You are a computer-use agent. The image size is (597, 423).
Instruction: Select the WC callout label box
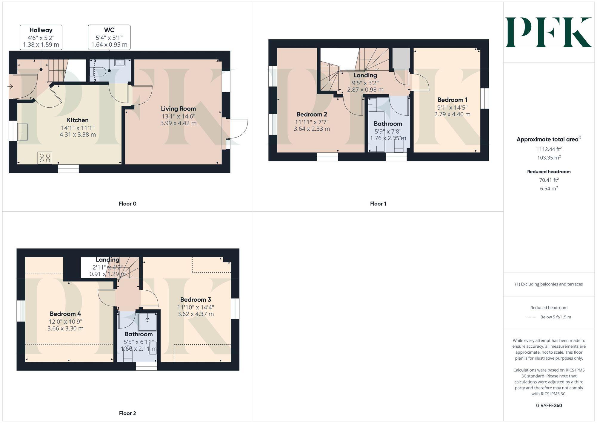tap(109, 37)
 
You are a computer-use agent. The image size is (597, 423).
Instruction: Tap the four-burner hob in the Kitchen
tap(45, 158)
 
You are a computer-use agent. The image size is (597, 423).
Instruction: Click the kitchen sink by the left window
tap(23, 132)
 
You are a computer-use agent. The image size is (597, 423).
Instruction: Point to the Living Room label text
tap(178, 109)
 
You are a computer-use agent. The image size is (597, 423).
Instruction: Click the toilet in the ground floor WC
tap(100, 71)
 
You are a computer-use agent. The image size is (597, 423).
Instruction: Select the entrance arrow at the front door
tap(10, 87)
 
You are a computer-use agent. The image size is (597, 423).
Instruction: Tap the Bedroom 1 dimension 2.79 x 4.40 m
tap(452, 114)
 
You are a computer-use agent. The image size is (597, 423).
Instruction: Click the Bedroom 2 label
tap(312, 114)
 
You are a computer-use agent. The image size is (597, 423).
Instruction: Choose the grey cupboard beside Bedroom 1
tap(401, 59)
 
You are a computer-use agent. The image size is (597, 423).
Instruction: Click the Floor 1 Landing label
tap(365, 75)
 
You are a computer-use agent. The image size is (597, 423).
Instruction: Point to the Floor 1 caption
tap(378, 204)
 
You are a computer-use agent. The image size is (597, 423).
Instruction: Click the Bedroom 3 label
tap(196, 300)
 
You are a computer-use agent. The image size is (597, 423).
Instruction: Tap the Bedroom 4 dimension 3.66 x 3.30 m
tap(65, 329)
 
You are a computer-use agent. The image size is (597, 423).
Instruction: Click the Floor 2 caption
tap(127, 413)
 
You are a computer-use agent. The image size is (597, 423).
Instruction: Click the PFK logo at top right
tap(549, 32)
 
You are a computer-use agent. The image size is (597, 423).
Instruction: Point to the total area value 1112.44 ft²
tap(549, 149)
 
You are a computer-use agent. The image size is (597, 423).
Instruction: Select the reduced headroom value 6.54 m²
tap(549, 189)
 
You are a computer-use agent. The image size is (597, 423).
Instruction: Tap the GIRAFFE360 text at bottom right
tap(549, 406)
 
